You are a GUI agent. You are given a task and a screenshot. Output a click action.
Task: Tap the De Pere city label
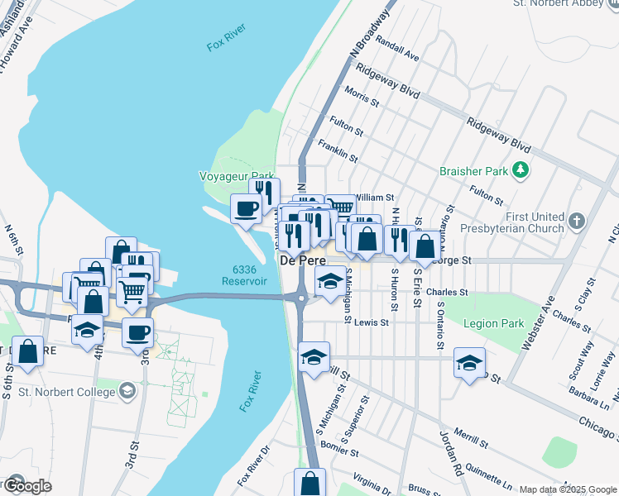tap(299, 260)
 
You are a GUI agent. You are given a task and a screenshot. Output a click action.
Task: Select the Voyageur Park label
tap(237, 176)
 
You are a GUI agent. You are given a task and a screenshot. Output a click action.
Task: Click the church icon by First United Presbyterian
tap(577, 222)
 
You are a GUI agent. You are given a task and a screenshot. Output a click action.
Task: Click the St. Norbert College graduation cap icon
tap(127, 389)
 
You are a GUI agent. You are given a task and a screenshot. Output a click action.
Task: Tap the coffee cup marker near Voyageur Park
tap(246, 208)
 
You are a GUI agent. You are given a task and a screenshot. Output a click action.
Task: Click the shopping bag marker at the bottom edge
tap(309, 483)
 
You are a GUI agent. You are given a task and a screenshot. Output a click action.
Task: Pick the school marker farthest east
tap(469, 362)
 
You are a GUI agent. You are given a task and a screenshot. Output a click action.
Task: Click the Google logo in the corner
tap(26, 485)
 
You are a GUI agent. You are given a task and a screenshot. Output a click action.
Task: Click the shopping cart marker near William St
tap(339, 206)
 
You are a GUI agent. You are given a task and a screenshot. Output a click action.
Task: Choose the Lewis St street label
tap(372, 323)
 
